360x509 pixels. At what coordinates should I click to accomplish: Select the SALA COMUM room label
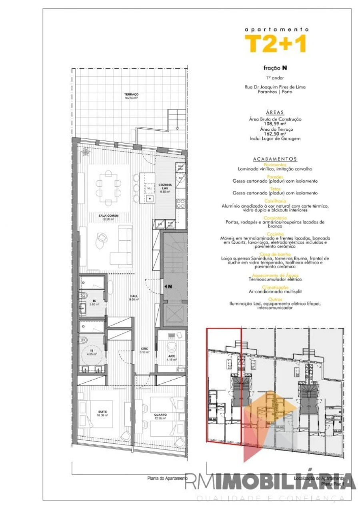click(x=106, y=217)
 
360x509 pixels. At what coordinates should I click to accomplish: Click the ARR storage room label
click(x=171, y=357)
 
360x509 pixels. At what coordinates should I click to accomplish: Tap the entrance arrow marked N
click(x=167, y=286)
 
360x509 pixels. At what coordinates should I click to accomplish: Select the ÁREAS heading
click(x=275, y=113)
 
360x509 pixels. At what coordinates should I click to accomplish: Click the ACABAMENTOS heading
click(x=275, y=159)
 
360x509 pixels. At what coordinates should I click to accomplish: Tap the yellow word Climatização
click(x=275, y=287)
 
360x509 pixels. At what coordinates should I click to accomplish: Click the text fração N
click(x=275, y=68)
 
